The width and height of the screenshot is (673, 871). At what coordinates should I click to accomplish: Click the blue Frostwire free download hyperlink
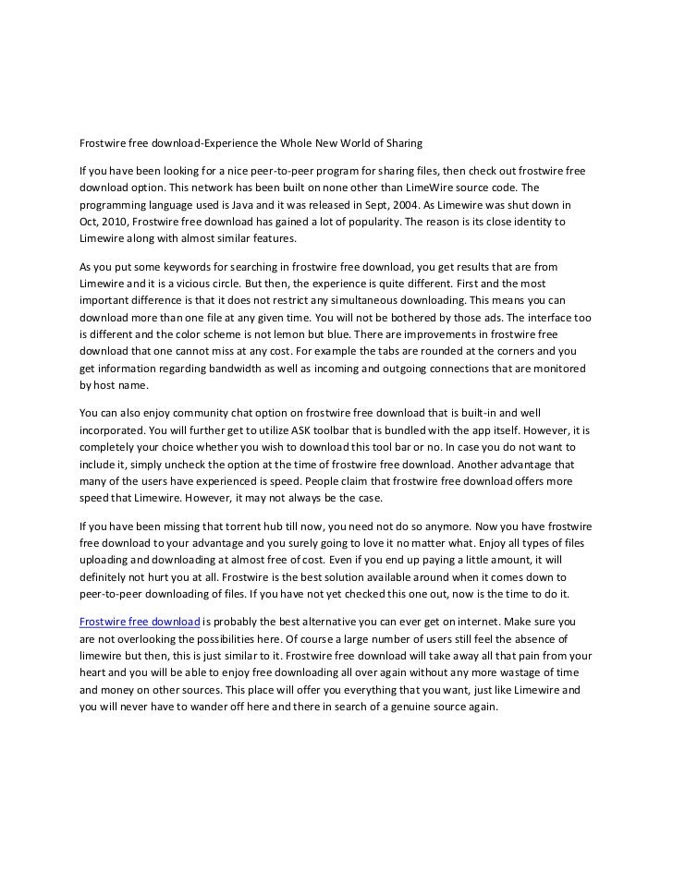coord(140,623)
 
